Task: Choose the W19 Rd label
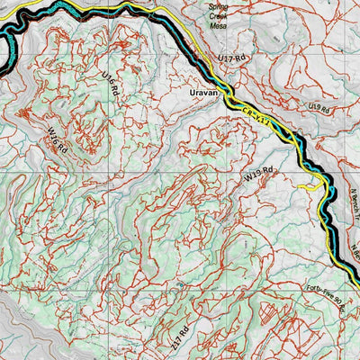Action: [258, 176]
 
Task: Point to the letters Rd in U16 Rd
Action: [118, 96]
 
